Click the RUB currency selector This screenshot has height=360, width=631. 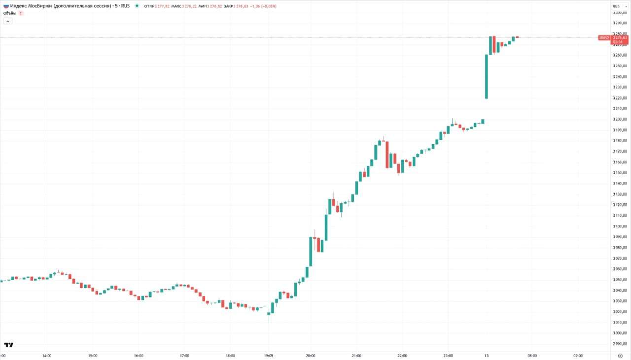point(616,6)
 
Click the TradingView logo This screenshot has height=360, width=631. point(8,345)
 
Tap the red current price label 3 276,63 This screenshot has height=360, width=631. point(620,37)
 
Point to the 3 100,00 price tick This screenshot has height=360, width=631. point(619,226)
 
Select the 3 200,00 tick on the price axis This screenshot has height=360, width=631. point(619,119)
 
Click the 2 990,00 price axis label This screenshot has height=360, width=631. point(619,344)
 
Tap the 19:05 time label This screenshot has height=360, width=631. point(269,355)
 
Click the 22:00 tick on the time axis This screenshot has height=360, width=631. point(402,355)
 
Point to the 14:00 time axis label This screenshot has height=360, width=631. point(47,355)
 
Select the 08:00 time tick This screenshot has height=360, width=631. point(532,355)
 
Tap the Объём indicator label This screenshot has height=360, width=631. point(9,13)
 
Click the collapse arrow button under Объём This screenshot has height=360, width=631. point(8,21)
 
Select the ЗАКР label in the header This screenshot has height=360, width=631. point(228,6)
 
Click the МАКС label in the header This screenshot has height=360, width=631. point(176,6)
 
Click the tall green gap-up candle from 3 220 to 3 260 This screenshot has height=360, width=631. point(487,76)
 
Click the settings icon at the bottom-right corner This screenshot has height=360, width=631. point(620,355)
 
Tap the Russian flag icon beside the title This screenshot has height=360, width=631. point(5,6)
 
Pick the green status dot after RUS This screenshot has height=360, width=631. point(137,6)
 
